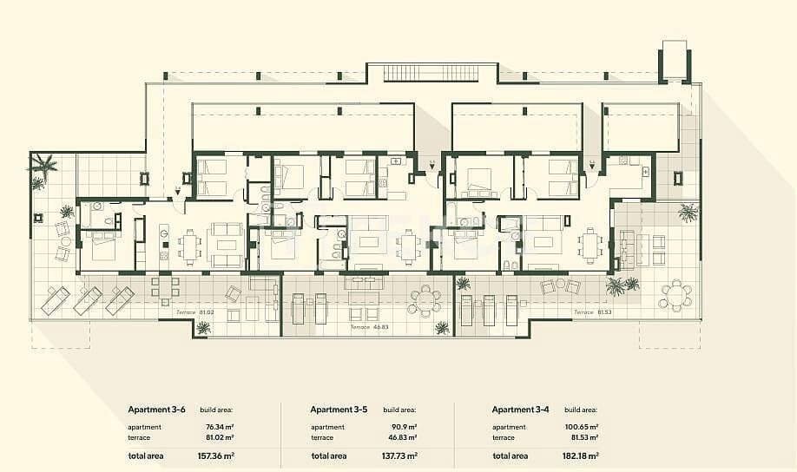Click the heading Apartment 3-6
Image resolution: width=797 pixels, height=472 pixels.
pyautogui.click(x=157, y=410)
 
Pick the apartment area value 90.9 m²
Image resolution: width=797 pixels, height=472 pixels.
pyautogui.click(x=404, y=427)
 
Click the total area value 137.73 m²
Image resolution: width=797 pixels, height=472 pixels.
pyautogui.click(x=400, y=456)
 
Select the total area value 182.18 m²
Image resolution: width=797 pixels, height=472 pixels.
pyautogui.click(x=582, y=456)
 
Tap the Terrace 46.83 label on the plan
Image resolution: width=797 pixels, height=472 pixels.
pyautogui.click(x=368, y=328)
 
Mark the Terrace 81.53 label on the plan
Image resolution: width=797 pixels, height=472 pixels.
pyautogui.click(x=590, y=312)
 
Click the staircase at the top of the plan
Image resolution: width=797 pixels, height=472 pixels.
pyautogui.click(x=431, y=73)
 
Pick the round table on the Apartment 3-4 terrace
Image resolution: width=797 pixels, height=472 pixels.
pyautogui.click(x=675, y=295)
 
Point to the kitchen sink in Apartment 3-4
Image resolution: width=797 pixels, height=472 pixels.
pyautogui.click(x=646, y=172)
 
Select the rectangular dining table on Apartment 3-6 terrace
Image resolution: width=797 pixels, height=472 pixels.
pyautogui.click(x=166, y=286)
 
